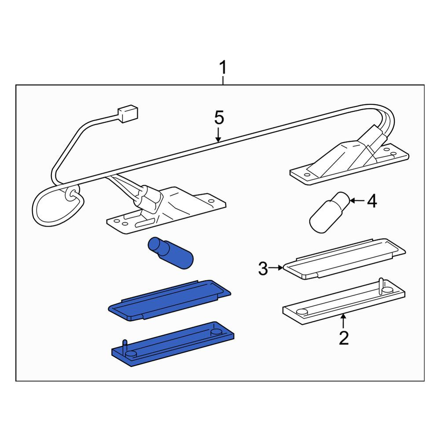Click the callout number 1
(223, 68)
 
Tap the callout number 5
(219, 117)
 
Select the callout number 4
(372, 201)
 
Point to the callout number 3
(263, 268)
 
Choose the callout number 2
(344, 338)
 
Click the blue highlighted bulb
(170, 253)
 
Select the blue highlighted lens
(169, 300)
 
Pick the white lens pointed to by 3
(345, 259)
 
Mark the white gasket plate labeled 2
(344, 302)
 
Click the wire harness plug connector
(128, 114)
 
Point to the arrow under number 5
(218, 135)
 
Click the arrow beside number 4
(357, 200)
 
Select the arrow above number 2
(343, 321)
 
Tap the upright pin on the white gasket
(381, 286)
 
